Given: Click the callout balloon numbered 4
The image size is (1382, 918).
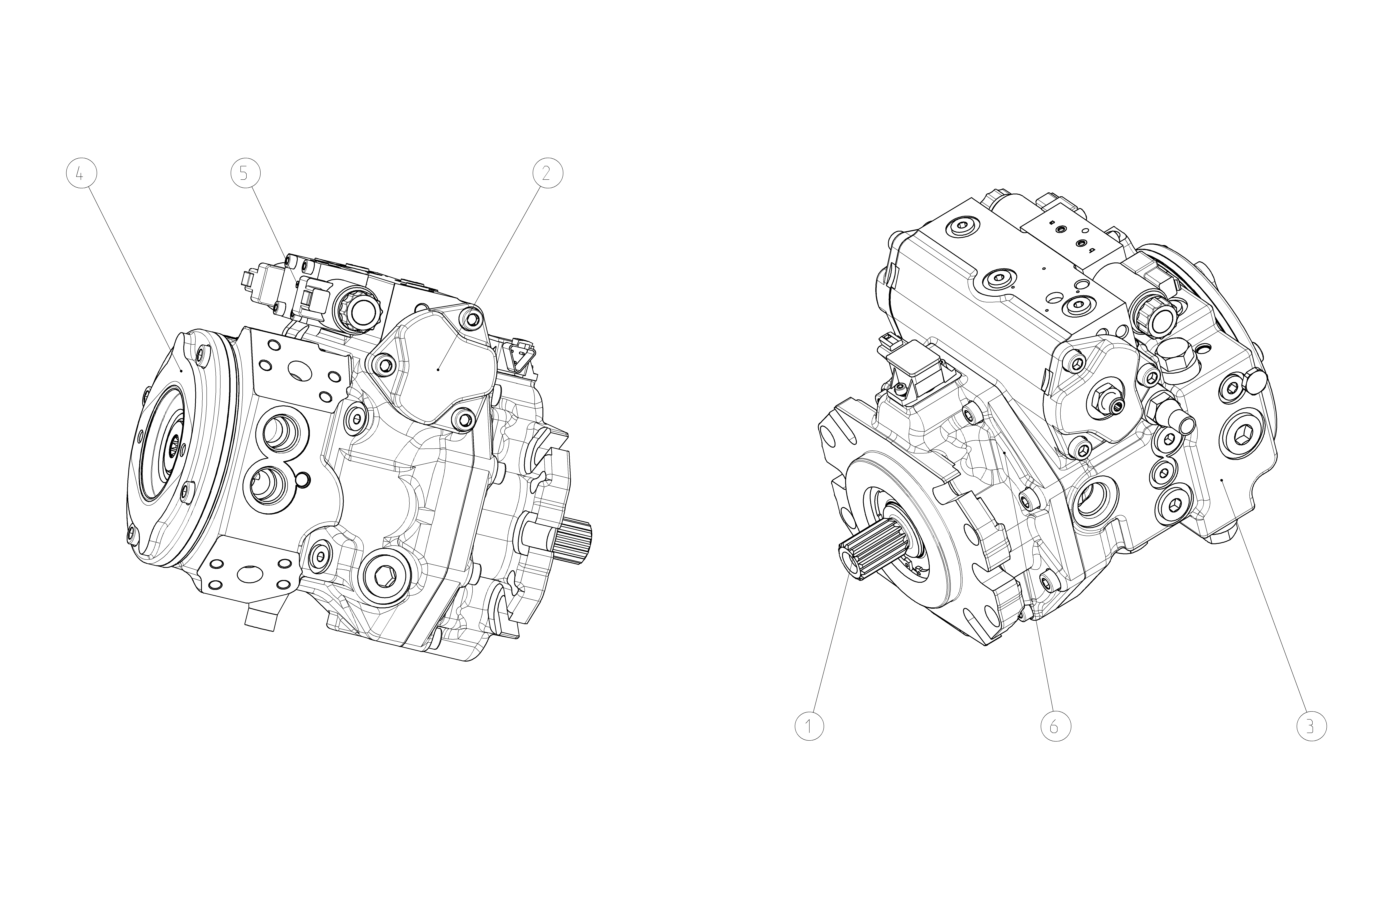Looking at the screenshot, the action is pyautogui.click(x=81, y=173).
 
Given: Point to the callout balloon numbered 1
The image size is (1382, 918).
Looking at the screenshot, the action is pyautogui.click(x=809, y=726).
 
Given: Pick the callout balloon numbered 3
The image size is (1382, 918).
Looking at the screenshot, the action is pyautogui.click(x=1311, y=726).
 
